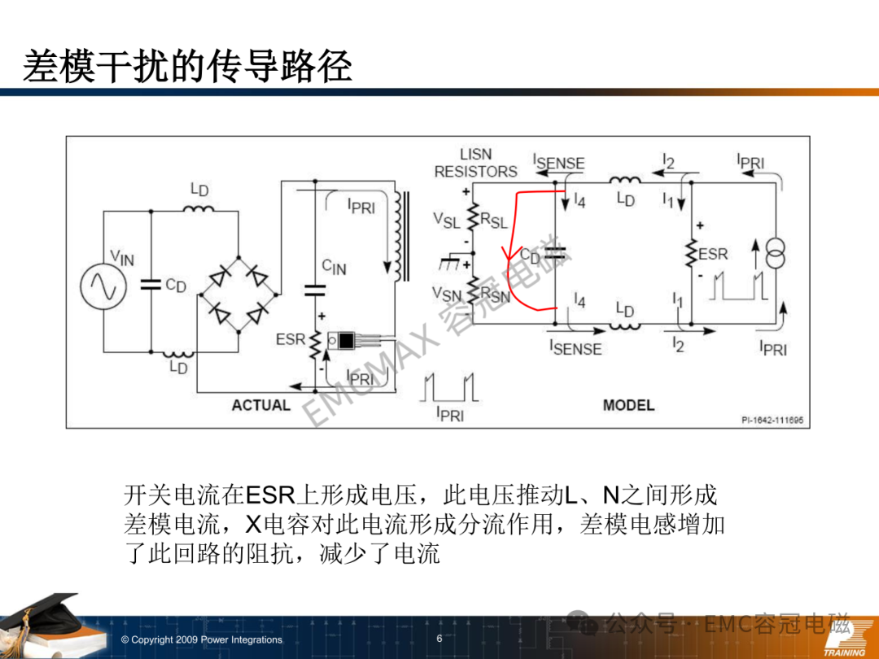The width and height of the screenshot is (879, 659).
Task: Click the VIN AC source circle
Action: pos(103,286)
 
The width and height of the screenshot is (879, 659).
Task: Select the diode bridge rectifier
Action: pos(238,295)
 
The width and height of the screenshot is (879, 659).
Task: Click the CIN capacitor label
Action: pos(335,267)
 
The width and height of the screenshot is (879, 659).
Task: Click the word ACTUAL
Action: pos(261,405)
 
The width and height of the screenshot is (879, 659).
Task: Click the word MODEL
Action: pos(628,405)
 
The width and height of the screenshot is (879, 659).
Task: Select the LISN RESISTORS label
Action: pos(476,163)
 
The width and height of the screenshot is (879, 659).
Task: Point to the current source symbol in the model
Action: pos(776,254)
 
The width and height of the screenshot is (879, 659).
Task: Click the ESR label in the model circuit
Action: pos(713,255)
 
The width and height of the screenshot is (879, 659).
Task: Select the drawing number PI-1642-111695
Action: pos(772,420)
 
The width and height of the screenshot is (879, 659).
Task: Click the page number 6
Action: pos(439,639)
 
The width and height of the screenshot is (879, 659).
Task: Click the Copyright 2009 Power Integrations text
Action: pos(202,639)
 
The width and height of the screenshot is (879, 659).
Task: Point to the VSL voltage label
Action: pos(446,220)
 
